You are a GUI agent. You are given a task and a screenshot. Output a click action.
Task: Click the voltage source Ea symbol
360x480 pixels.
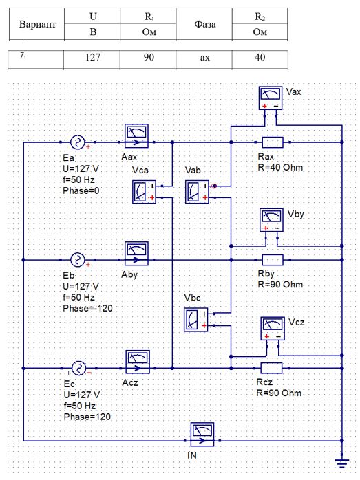pyautogui.click(x=78, y=142)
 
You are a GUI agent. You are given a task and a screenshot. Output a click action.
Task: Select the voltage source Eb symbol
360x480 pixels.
pyautogui.click(x=78, y=260)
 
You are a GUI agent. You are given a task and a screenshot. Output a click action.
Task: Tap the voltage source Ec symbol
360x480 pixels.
pyautogui.click(x=78, y=369)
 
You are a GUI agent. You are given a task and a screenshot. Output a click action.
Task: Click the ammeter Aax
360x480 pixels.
pyautogui.click(x=136, y=136)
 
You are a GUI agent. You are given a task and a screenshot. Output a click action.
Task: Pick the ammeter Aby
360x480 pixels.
pyautogui.click(x=136, y=254)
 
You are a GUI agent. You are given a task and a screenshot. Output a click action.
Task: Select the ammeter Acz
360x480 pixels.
pyautogui.click(x=138, y=362)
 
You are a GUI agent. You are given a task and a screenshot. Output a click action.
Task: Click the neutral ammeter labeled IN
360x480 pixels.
pyautogui.click(x=202, y=435)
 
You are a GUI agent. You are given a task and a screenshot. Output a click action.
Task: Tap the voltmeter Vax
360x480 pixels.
pyautogui.click(x=271, y=98)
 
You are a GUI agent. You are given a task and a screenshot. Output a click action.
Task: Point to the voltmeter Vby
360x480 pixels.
pyautogui.click(x=271, y=220)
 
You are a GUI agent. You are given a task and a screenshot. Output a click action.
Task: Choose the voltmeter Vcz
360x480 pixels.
pyautogui.click(x=273, y=329)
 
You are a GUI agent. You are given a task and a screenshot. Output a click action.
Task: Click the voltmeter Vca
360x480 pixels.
pyautogui.click(x=145, y=192)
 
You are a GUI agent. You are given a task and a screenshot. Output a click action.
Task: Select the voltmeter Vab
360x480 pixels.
pyautogui.click(x=198, y=192)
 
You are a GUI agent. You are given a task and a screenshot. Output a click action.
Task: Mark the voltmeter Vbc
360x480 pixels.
pyautogui.click(x=196, y=320)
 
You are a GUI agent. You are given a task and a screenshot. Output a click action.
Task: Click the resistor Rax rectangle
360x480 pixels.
pyautogui.click(x=273, y=142)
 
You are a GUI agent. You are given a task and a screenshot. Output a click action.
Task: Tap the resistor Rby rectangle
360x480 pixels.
pyautogui.click(x=273, y=260)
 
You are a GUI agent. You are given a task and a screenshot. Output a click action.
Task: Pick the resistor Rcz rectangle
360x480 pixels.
pyautogui.click(x=271, y=369)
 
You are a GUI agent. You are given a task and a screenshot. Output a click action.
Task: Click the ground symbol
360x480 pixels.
pyautogui.click(x=342, y=463)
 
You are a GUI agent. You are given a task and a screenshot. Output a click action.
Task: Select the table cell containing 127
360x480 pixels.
pyautogui.click(x=92, y=57)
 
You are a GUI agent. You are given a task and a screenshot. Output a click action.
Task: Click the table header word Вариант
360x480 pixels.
pyautogui.click(x=37, y=24)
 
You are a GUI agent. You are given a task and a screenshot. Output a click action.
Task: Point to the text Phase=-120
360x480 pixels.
pyautogui.click(x=87, y=308)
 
